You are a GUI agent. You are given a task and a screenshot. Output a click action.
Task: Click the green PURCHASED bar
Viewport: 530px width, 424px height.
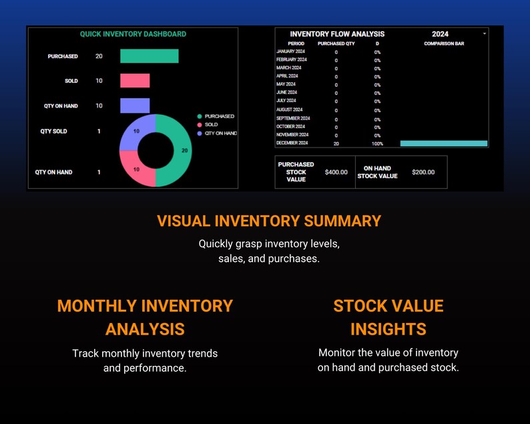[x=149, y=56]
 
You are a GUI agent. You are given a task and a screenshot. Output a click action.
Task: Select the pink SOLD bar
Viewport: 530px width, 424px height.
[x=135, y=81]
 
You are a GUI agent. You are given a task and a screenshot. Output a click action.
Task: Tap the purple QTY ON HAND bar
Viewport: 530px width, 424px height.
[x=135, y=105]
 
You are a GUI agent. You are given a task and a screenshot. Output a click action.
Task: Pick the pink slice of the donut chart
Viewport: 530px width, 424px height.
[x=136, y=169]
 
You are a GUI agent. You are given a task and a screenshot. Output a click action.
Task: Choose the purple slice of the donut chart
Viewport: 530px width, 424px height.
[x=136, y=132]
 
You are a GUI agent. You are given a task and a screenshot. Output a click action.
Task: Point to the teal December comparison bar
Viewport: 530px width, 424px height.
[x=444, y=144]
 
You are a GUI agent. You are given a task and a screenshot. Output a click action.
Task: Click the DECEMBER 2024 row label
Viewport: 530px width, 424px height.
[x=292, y=143]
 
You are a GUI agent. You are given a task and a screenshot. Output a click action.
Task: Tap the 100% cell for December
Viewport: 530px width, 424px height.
[x=377, y=144]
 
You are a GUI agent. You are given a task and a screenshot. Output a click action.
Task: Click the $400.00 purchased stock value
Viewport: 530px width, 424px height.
[x=336, y=172]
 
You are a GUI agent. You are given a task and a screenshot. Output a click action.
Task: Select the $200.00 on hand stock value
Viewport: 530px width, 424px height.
[x=423, y=172]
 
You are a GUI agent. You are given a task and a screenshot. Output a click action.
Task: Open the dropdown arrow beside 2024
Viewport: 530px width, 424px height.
[x=485, y=33]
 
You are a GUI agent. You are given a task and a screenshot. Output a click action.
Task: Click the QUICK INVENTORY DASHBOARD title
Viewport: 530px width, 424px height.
[x=133, y=34]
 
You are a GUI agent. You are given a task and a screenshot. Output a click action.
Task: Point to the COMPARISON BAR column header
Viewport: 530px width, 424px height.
[x=444, y=43]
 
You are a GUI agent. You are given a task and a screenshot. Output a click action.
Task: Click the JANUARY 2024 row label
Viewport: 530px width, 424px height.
[x=290, y=51]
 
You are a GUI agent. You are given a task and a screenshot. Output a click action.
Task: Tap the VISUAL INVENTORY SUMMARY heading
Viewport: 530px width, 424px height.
[x=269, y=221]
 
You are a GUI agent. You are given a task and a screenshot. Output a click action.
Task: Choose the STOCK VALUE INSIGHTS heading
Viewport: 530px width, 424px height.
[x=388, y=317]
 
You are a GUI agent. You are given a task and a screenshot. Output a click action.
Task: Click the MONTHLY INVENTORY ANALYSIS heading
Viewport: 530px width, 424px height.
[x=145, y=317]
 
